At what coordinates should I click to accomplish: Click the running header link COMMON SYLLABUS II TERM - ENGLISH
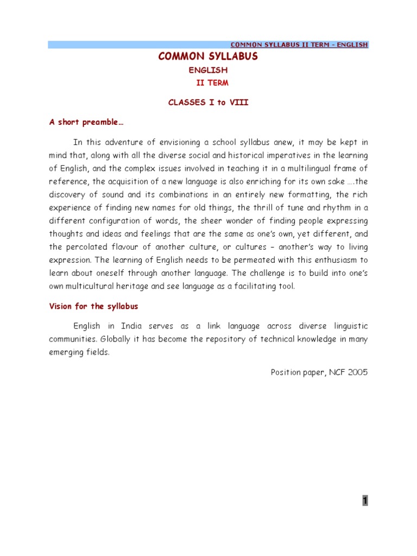(300, 45)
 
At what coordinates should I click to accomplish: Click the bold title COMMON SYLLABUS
(208, 57)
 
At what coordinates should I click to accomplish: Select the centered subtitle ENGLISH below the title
(208, 71)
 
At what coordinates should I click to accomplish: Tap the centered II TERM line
(212, 83)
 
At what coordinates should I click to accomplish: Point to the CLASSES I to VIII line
(208, 103)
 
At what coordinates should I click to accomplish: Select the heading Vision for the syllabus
(93, 306)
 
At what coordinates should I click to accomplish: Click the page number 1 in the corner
(365, 501)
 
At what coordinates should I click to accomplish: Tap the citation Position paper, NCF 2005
(319, 372)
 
